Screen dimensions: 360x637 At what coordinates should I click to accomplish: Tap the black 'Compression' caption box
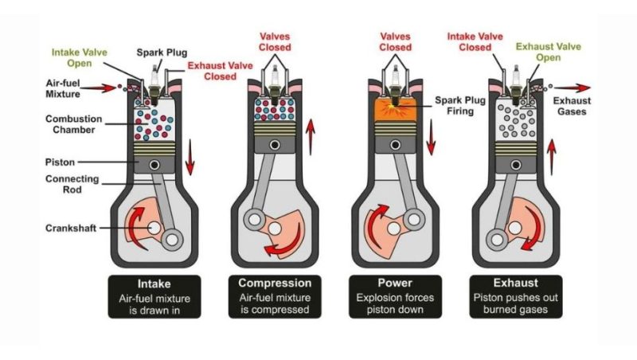pyautogui.click(x=274, y=296)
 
